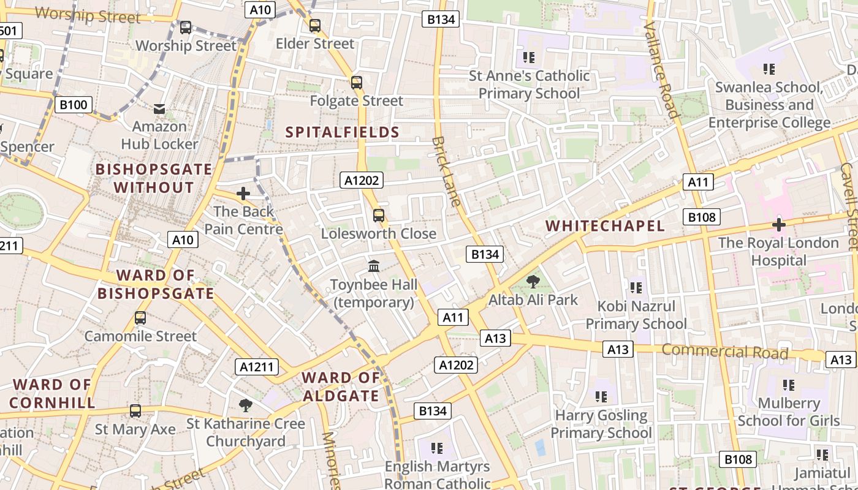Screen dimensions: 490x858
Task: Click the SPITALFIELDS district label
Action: pyautogui.click(x=343, y=132)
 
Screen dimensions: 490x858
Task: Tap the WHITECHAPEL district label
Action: pyautogui.click(x=605, y=225)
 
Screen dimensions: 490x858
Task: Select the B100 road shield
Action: pyautogui.click(x=73, y=105)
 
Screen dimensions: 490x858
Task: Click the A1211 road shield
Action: pyautogui.click(x=257, y=367)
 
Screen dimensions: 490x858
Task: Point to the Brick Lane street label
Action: pyautogui.click(x=447, y=171)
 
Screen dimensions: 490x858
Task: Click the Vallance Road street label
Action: pyautogui.click(x=662, y=70)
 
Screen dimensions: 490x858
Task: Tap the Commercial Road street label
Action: pyautogui.click(x=725, y=352)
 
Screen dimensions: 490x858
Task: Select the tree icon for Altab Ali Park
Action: pyautogui.click(x=533, y=282)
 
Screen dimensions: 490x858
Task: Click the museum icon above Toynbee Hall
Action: pyautogui.click(x=374, y=266)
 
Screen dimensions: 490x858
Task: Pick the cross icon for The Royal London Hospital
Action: pyautogui.click(x=779, y=225)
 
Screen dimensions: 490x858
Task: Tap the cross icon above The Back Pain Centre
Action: pyautogui.click(x=243, y=194)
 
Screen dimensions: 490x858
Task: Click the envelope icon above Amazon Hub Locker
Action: pyautogui.click(x=159, y=109)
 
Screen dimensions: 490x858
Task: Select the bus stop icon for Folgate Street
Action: pyautogui.click(x=356, y=82)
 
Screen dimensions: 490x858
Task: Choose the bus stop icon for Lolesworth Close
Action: pyautogui.click(x=379, y=215)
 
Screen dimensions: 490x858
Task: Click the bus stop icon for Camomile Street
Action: pyautogui.click(x=140, y=318)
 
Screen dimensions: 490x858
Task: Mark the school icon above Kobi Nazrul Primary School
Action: pyautogui.click(x=636, y=287)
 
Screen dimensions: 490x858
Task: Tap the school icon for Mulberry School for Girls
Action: pyautogui.click(x=788, y=385)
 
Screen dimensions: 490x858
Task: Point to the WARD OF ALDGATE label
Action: pyautogui.click(x=341, y=386)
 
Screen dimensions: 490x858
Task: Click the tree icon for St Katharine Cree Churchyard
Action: pyautogui.click(x=246, y=405)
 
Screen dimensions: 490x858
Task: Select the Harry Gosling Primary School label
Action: pyautogui.click(x=601, y=424)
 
